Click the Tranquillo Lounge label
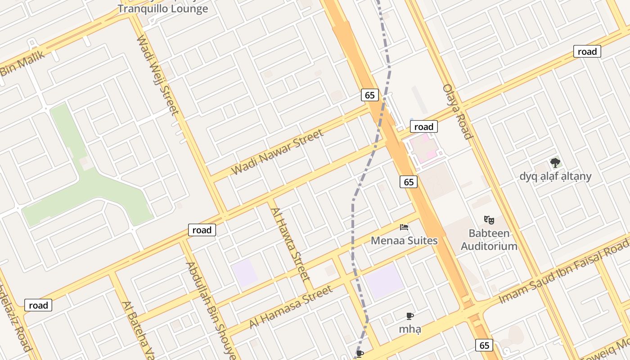point(163,9)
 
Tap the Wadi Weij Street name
point(157,75)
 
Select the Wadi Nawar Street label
point(277,152)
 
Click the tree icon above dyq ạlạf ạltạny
point(555,163)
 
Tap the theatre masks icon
point(489,220)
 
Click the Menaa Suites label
point(404,241)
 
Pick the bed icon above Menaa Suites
point(404,227)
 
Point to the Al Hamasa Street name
point(292,307)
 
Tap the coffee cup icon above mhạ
point(409,316)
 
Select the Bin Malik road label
point(22,63)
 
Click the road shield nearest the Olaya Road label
point(423,127)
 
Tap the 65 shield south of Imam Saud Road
point(484,346)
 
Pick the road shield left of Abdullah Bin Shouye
point(202,230)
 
